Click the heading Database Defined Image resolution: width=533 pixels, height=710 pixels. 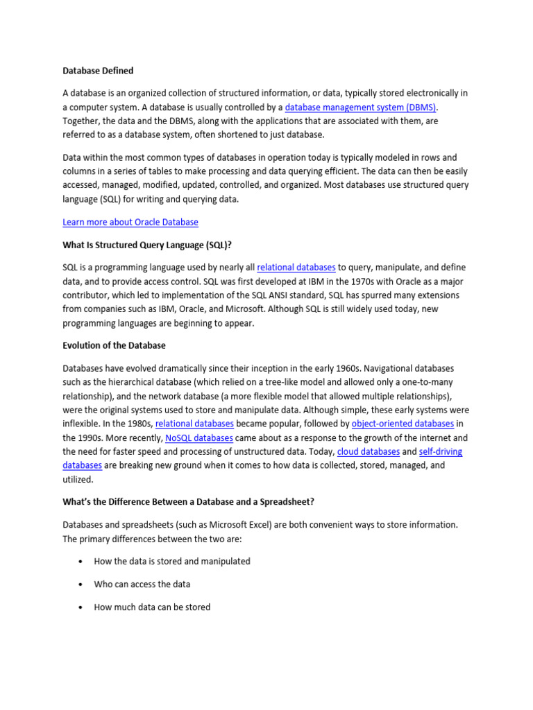(98, 71)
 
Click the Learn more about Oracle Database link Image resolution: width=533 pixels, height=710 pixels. (130, 223)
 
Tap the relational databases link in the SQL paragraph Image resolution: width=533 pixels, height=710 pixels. (296, 268)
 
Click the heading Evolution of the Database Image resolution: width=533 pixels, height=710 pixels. (114, 345)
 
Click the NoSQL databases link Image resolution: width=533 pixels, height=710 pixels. (199, 438)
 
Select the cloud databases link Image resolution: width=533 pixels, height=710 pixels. (369, 452)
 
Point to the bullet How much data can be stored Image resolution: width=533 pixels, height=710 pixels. (152, 607)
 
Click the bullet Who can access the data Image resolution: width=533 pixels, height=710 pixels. (142, 585)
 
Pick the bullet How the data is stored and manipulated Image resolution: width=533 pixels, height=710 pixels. (172, 562)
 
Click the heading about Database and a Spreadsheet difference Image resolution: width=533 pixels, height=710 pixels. (189, 502)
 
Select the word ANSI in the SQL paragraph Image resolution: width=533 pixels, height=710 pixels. (269, 295)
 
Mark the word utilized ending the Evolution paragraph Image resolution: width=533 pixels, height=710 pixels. (78, 480)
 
